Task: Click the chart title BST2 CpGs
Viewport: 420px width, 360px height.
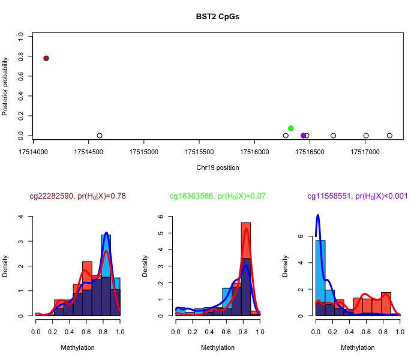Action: click(218, 16)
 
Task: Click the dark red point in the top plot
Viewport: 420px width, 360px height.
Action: click(46, 58)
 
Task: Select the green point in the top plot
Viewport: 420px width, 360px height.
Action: click(291, 128)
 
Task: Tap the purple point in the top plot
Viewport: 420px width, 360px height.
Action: click(303, 136)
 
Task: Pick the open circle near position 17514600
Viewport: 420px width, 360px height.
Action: click(100, 136)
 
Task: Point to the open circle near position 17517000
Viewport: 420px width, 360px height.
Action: click(366, 136)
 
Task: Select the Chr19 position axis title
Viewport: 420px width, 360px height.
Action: click(218, 167)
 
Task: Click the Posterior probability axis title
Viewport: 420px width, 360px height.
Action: click(6, 86)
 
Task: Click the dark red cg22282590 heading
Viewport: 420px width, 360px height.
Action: click(77, 196)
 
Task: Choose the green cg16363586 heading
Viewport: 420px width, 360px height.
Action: click(218, 196)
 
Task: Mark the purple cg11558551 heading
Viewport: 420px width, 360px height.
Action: click(357, 196)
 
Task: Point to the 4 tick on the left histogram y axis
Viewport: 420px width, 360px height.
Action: click(22, 217)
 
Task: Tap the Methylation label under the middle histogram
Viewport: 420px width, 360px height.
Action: click(218, 347)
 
